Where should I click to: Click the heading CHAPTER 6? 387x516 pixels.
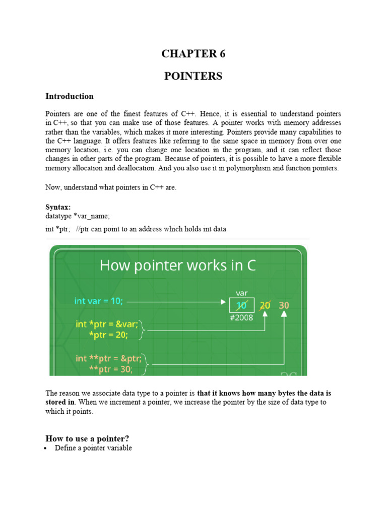tap(193, 54)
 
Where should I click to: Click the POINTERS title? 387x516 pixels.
tap(193, 76)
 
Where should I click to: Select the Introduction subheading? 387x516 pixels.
tap(70, 96)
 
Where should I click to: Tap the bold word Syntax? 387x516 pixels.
tap(58, 207)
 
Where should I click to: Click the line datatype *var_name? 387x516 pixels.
tap(77, 216)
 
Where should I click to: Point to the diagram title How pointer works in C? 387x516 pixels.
tap(178, 266)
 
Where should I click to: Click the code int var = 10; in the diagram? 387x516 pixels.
tap(98, 301)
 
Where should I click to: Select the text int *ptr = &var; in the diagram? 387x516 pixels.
tap(107, 324)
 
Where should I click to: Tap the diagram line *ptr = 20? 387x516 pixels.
tap(109, 335)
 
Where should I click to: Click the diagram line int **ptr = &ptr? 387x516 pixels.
tap(110, 358)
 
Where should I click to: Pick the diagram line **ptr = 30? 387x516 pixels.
tap(111, 369)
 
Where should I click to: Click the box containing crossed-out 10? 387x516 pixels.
tap(241, 305)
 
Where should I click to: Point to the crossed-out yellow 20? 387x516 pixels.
tap(265, 305)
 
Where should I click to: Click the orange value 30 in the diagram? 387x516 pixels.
tap(284, 305)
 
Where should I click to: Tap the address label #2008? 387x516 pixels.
tap(241, 318)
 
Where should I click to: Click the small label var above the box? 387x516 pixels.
tap(241, 293)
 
